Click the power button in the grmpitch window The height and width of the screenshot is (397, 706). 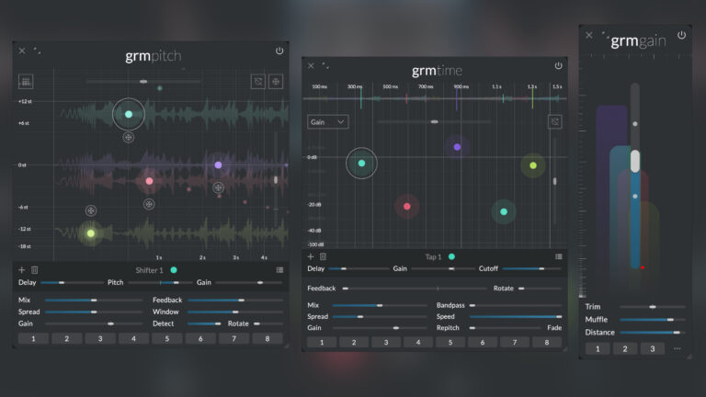(x=279, y=51)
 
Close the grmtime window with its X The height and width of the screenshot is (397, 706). (x=311, y=66)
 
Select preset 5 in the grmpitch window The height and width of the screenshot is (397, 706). (x=166, y=338)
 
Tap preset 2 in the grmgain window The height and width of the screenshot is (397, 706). (x=624, y=348)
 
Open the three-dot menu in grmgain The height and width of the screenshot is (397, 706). (x=678, y=348)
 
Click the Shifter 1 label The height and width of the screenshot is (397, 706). (x=149, y=270)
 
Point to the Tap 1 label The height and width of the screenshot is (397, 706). (x=433, y=256)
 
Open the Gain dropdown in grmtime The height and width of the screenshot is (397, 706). (x=328, y=121)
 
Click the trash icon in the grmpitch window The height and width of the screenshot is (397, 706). (x=35, y=269)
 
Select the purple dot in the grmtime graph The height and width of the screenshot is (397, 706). (x=457, y=147)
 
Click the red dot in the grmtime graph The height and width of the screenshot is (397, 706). (x=407, y=206)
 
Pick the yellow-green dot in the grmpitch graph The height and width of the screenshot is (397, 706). (x=90, y=233)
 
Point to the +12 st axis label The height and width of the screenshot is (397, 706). (x=25, y=101)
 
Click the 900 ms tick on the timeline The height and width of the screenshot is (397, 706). (x=461, y=87)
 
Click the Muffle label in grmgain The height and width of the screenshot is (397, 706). (x=598, y=319)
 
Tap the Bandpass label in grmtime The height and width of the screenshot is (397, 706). (x=450, y=304)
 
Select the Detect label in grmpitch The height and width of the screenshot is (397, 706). (x=165, y=323)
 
